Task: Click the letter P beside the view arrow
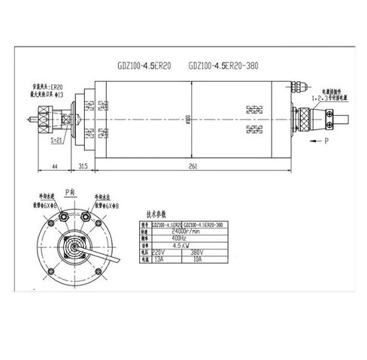tap(326, 141)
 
